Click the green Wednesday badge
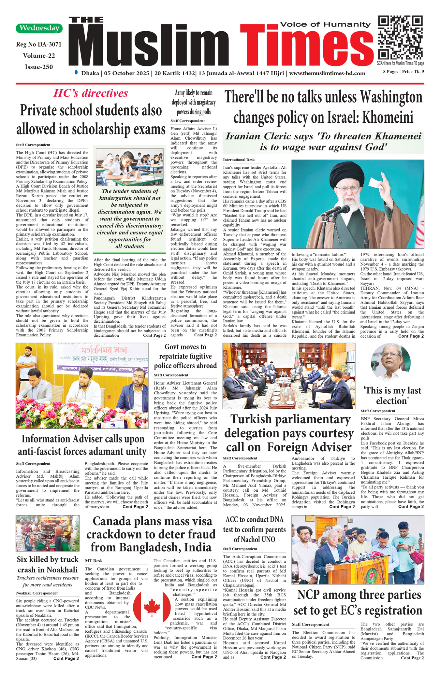(39, 28)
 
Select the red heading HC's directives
(91, 93)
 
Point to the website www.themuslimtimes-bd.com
(327, 73)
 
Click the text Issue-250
(39, 67)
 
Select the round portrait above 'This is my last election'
(390, 362)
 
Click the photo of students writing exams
(129, 167)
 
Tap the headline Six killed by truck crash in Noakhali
(48, 564)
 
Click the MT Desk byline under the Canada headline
(94, 561)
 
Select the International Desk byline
(239, 160)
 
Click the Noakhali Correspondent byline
(37, 593)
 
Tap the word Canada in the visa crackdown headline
(116, 521)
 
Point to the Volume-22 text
(39, 56)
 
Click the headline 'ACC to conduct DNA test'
(254, 529)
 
